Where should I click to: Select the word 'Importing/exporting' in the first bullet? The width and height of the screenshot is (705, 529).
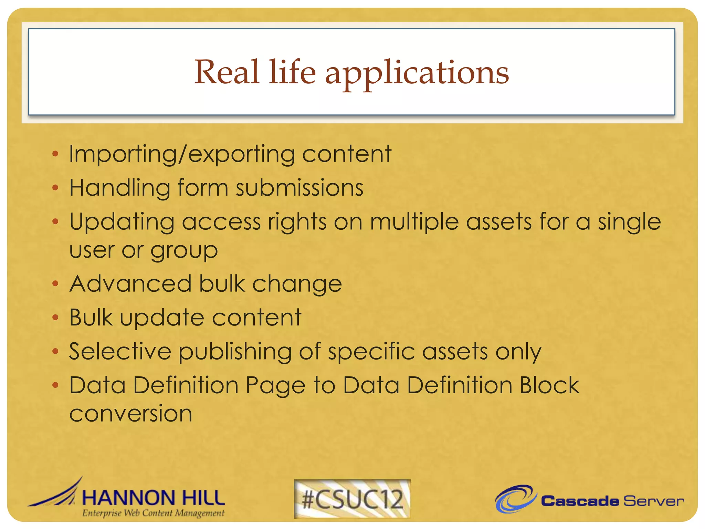click(181, 154)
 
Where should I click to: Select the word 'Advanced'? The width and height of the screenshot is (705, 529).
click(130, 284)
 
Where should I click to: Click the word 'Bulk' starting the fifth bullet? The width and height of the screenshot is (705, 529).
click(91, 317)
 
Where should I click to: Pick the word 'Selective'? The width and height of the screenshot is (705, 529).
click(120, 351)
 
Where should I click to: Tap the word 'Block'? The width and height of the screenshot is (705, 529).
click(549, 385)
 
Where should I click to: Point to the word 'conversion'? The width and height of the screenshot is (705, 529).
click(131, 414)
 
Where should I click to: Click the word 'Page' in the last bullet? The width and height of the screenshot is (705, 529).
click(275, 386)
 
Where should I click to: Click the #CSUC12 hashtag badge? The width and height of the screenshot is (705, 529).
click(352, 499)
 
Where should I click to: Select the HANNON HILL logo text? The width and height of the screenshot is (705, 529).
click(153, 498)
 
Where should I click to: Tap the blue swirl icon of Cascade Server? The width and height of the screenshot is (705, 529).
click(515, 499)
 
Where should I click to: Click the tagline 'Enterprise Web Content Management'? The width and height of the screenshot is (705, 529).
click(153, 513)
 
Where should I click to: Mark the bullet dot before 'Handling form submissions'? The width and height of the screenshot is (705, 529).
click(55, 188)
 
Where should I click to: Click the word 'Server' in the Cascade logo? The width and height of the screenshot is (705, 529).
click(653, 501)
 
